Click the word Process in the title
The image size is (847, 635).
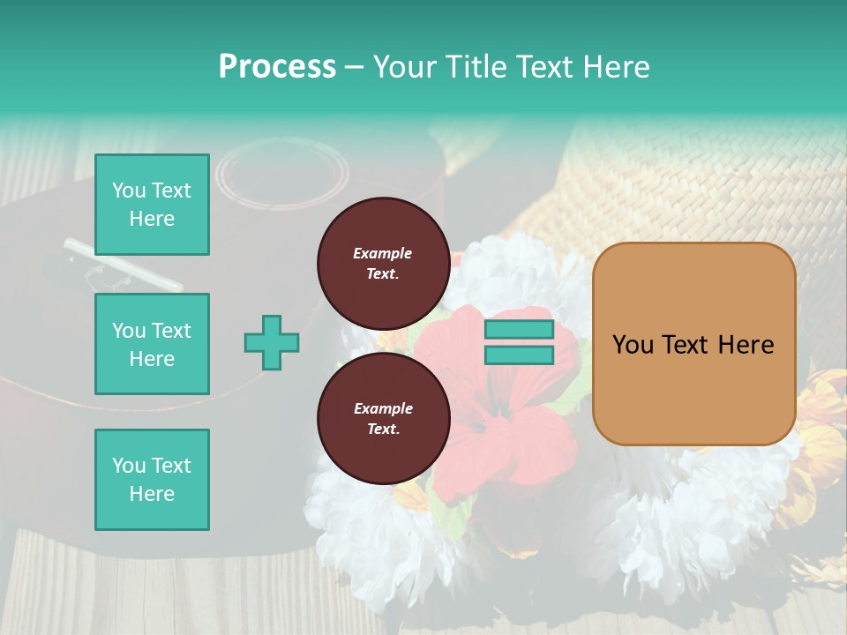[x=277, y=67]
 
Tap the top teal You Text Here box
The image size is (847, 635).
[x=152, y=205]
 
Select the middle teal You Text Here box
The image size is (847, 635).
[x=152, y=344]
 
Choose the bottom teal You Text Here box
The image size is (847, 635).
[x=152, y=480]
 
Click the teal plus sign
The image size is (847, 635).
[x=271, y=342]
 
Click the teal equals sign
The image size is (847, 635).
[x=519, y=342]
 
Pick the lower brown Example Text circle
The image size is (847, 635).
[x=383, y=418]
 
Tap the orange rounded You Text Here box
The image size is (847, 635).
[x=693, y=344]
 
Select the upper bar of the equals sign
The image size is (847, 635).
[x=519, y=330]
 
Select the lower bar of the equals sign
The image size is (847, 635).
[x=519, y=355]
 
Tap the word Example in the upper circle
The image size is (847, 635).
[x=383, y=253]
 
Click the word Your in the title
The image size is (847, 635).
[x=403, y=67]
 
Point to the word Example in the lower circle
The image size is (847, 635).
[x=383, y=408]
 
